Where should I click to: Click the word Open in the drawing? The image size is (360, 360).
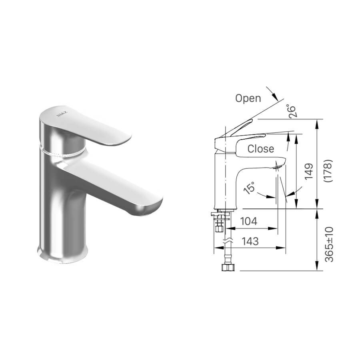(x=248, y=98)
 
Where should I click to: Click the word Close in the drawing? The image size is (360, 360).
(x=261, y=149)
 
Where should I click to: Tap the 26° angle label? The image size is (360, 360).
(x=292, y=112)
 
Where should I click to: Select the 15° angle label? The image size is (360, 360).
(x=250, y=188)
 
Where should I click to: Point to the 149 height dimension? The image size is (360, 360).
(x=309, y=172)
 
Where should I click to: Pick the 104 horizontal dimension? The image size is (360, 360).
(x=249, y=221)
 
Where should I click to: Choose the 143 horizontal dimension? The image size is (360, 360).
(x=250, y=241)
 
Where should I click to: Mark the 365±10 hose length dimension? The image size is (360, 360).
(x=329, y=244)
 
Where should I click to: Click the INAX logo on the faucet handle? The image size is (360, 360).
(x=62, y=114)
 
